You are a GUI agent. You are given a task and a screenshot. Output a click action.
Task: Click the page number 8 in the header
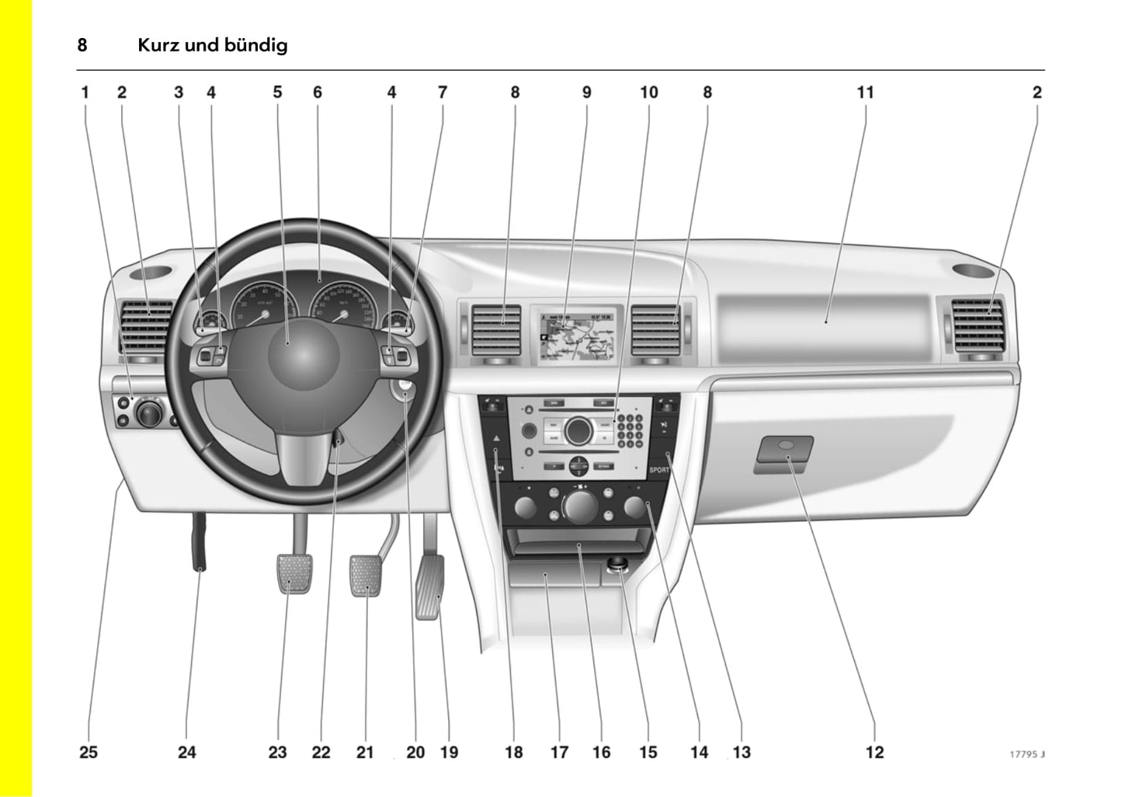[x=82, y=45]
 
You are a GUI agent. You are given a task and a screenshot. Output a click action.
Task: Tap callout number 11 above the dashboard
[x=865, y=92]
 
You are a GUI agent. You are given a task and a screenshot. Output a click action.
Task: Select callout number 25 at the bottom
[x=89, y=752]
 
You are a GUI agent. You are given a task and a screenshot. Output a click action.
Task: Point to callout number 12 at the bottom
[x=874, y=752]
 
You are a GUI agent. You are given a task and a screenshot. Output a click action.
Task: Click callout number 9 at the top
[x=586, y=92]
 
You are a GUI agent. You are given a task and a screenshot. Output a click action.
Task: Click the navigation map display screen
[x=575, y=334]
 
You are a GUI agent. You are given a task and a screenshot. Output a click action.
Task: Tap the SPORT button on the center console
[x=658, y=470]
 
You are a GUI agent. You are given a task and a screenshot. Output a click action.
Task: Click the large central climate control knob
[x=578, y=506]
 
